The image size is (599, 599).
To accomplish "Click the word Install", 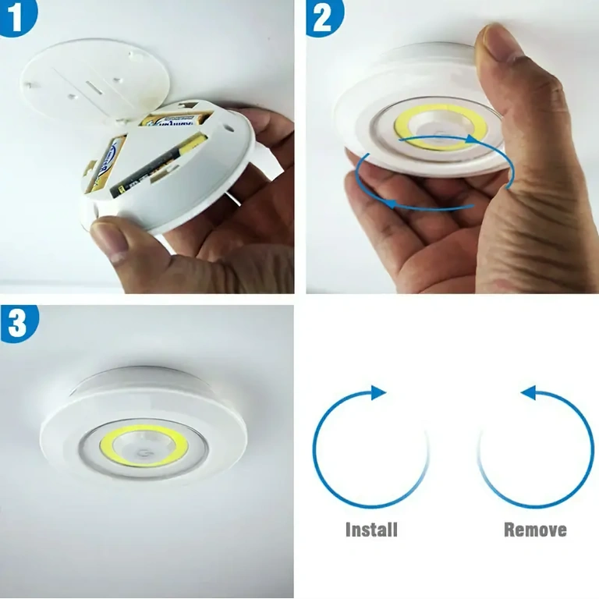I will pos(371,530).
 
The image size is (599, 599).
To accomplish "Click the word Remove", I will pos(535,530).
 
